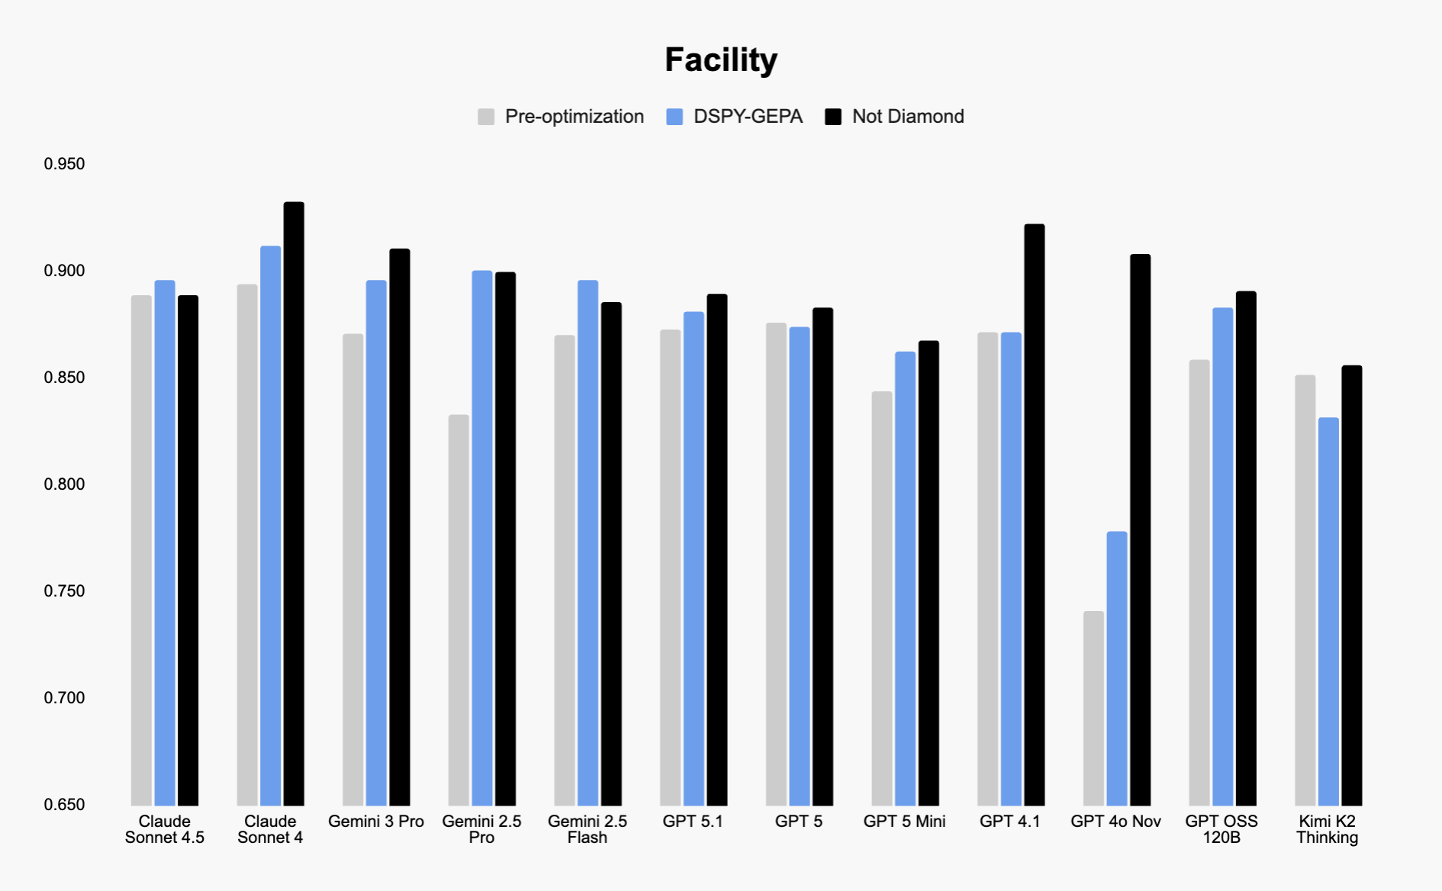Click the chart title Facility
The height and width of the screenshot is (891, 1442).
[720, 60]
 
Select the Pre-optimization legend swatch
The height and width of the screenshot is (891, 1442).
[486, 117]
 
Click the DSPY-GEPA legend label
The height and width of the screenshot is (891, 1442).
[747, 117]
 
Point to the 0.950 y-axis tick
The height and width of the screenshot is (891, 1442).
[64, 164]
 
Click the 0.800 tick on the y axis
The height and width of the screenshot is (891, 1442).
[64, 484]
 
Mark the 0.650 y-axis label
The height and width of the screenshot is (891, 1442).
[64, 804]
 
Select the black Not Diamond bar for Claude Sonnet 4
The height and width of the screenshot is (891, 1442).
[294, 503]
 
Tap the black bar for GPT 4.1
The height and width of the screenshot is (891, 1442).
[1034, 515]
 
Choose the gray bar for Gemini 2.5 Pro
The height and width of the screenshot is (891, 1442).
[459, 610]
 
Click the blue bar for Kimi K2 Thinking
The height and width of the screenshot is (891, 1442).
[1328, 611]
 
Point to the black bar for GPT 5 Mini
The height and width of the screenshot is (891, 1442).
[929, 573]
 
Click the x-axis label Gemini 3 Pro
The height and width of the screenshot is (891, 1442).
[375, 822]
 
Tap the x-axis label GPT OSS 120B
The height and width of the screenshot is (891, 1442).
[1221, 829]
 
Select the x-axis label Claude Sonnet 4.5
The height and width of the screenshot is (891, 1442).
[164, 829]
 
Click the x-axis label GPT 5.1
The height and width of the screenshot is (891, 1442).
[693, 822]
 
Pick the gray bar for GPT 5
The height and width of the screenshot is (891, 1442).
[776, 565]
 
